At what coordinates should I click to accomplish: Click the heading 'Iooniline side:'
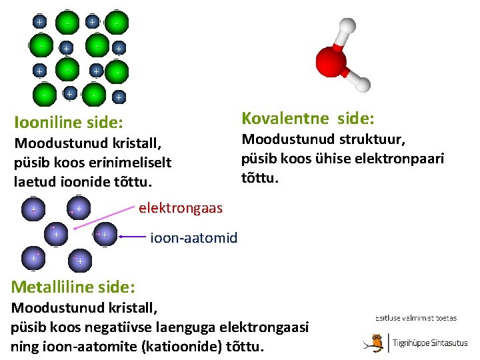pos(69,122)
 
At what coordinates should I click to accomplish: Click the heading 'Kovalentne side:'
pos(307,118)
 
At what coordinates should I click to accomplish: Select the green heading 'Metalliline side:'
pos(73,287)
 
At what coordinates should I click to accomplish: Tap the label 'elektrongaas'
pos(181,208)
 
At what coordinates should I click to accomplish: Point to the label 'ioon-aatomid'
pos(194,237)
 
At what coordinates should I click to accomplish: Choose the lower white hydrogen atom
pos(361,84)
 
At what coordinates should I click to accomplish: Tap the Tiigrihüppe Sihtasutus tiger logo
pos(377,342)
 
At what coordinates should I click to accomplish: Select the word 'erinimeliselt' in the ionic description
pos(127,162)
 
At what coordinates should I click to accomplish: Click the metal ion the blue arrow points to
pos(103,235)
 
